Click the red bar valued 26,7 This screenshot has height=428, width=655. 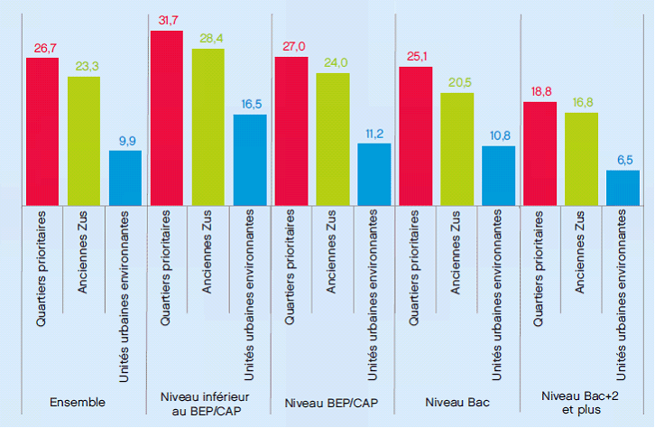(42, 131)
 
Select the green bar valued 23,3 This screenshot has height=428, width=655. (84, 140)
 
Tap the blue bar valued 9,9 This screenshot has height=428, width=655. (125, 177)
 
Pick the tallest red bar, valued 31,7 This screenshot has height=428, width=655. (167, 117)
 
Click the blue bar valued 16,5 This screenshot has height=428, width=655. (250, 159)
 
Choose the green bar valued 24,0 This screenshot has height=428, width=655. (332, 138)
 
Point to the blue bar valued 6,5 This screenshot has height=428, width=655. (623, 187)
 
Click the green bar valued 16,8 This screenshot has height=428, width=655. (581, 158)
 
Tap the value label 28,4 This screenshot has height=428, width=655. (208, 40)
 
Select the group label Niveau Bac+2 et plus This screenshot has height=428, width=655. (581, 402)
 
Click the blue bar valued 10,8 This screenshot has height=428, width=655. (498, 175)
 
